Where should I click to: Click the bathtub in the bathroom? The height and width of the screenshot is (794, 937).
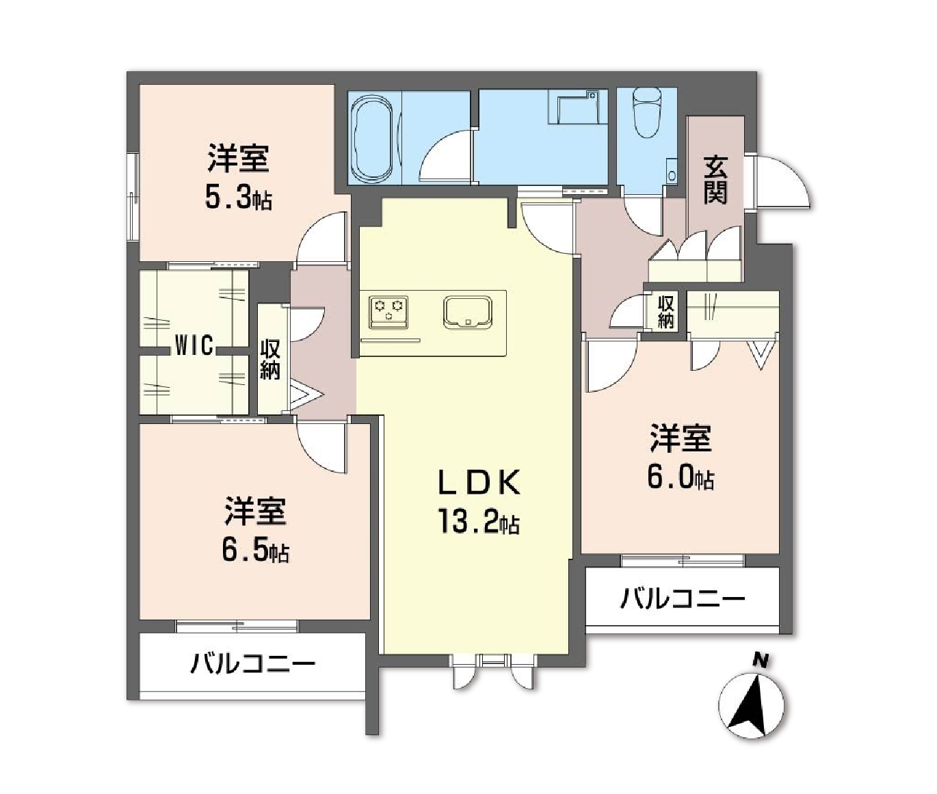[373, 138]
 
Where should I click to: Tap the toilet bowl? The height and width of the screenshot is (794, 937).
[647, 114]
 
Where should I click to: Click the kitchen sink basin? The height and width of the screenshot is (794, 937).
[466, 313]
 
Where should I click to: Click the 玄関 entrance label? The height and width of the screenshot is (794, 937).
[715, 181]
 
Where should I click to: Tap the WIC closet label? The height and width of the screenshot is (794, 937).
[194, 346]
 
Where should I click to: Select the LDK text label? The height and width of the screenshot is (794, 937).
[479, 484]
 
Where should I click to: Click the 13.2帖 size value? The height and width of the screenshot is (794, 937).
[479, 523]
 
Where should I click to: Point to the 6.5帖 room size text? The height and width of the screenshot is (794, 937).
[254, 551]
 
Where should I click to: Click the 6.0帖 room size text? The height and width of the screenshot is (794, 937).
[681, 477]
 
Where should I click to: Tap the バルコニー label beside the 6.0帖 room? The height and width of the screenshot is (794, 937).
[682, 600]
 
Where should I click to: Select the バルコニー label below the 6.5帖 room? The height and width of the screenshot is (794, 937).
[252, 663]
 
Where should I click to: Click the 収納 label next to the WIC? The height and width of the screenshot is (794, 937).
[269, 360]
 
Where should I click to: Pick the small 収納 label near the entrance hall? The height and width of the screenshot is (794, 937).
[665, 312]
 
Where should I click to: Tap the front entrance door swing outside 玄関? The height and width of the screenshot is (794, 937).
[787, 182]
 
